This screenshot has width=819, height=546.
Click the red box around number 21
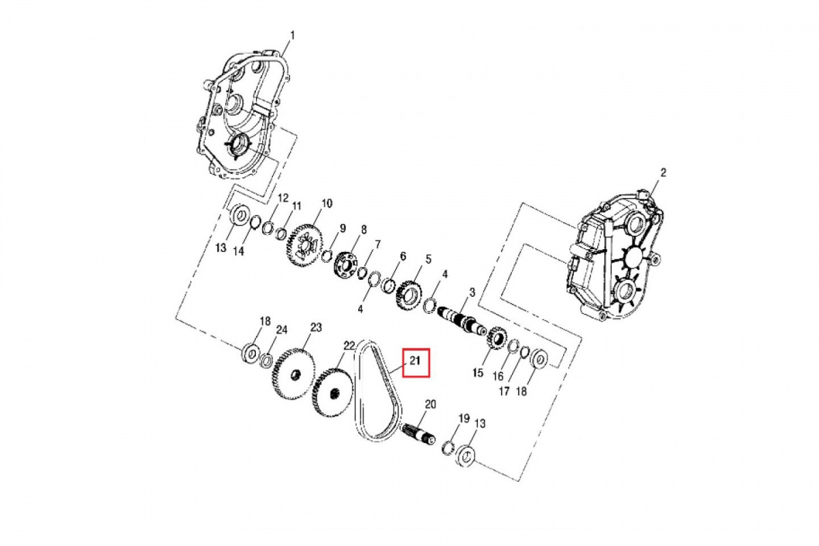416,363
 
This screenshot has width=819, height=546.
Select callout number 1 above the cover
292,35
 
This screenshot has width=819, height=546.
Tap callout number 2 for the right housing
663,172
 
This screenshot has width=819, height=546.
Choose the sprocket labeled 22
333,393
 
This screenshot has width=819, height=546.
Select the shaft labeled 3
462,321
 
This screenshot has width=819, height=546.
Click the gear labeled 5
408,296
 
